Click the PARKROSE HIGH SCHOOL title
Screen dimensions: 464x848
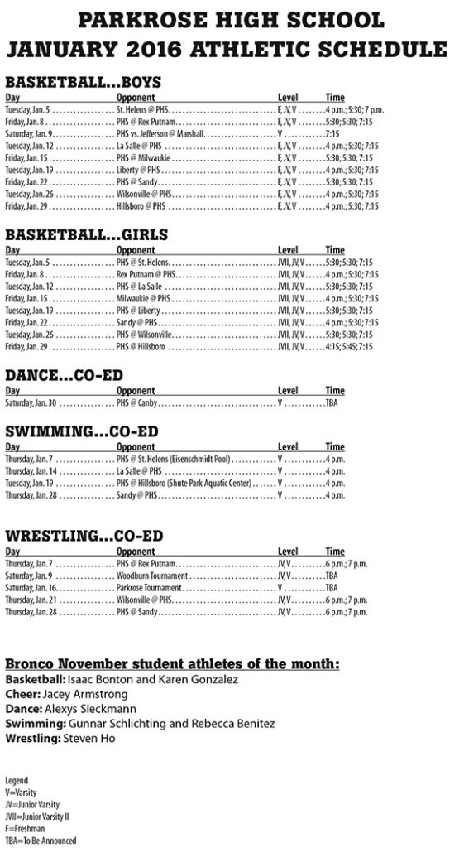pos(232,20)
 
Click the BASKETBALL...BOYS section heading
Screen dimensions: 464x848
pos(83,82)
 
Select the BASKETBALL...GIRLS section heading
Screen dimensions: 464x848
pos(86,234)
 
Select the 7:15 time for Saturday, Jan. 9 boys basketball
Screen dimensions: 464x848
pos(332,133)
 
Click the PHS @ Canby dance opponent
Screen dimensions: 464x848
pos(136,403)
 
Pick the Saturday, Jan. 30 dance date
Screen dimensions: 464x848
pos(31,403)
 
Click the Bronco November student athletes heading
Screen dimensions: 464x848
pos(172,664)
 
